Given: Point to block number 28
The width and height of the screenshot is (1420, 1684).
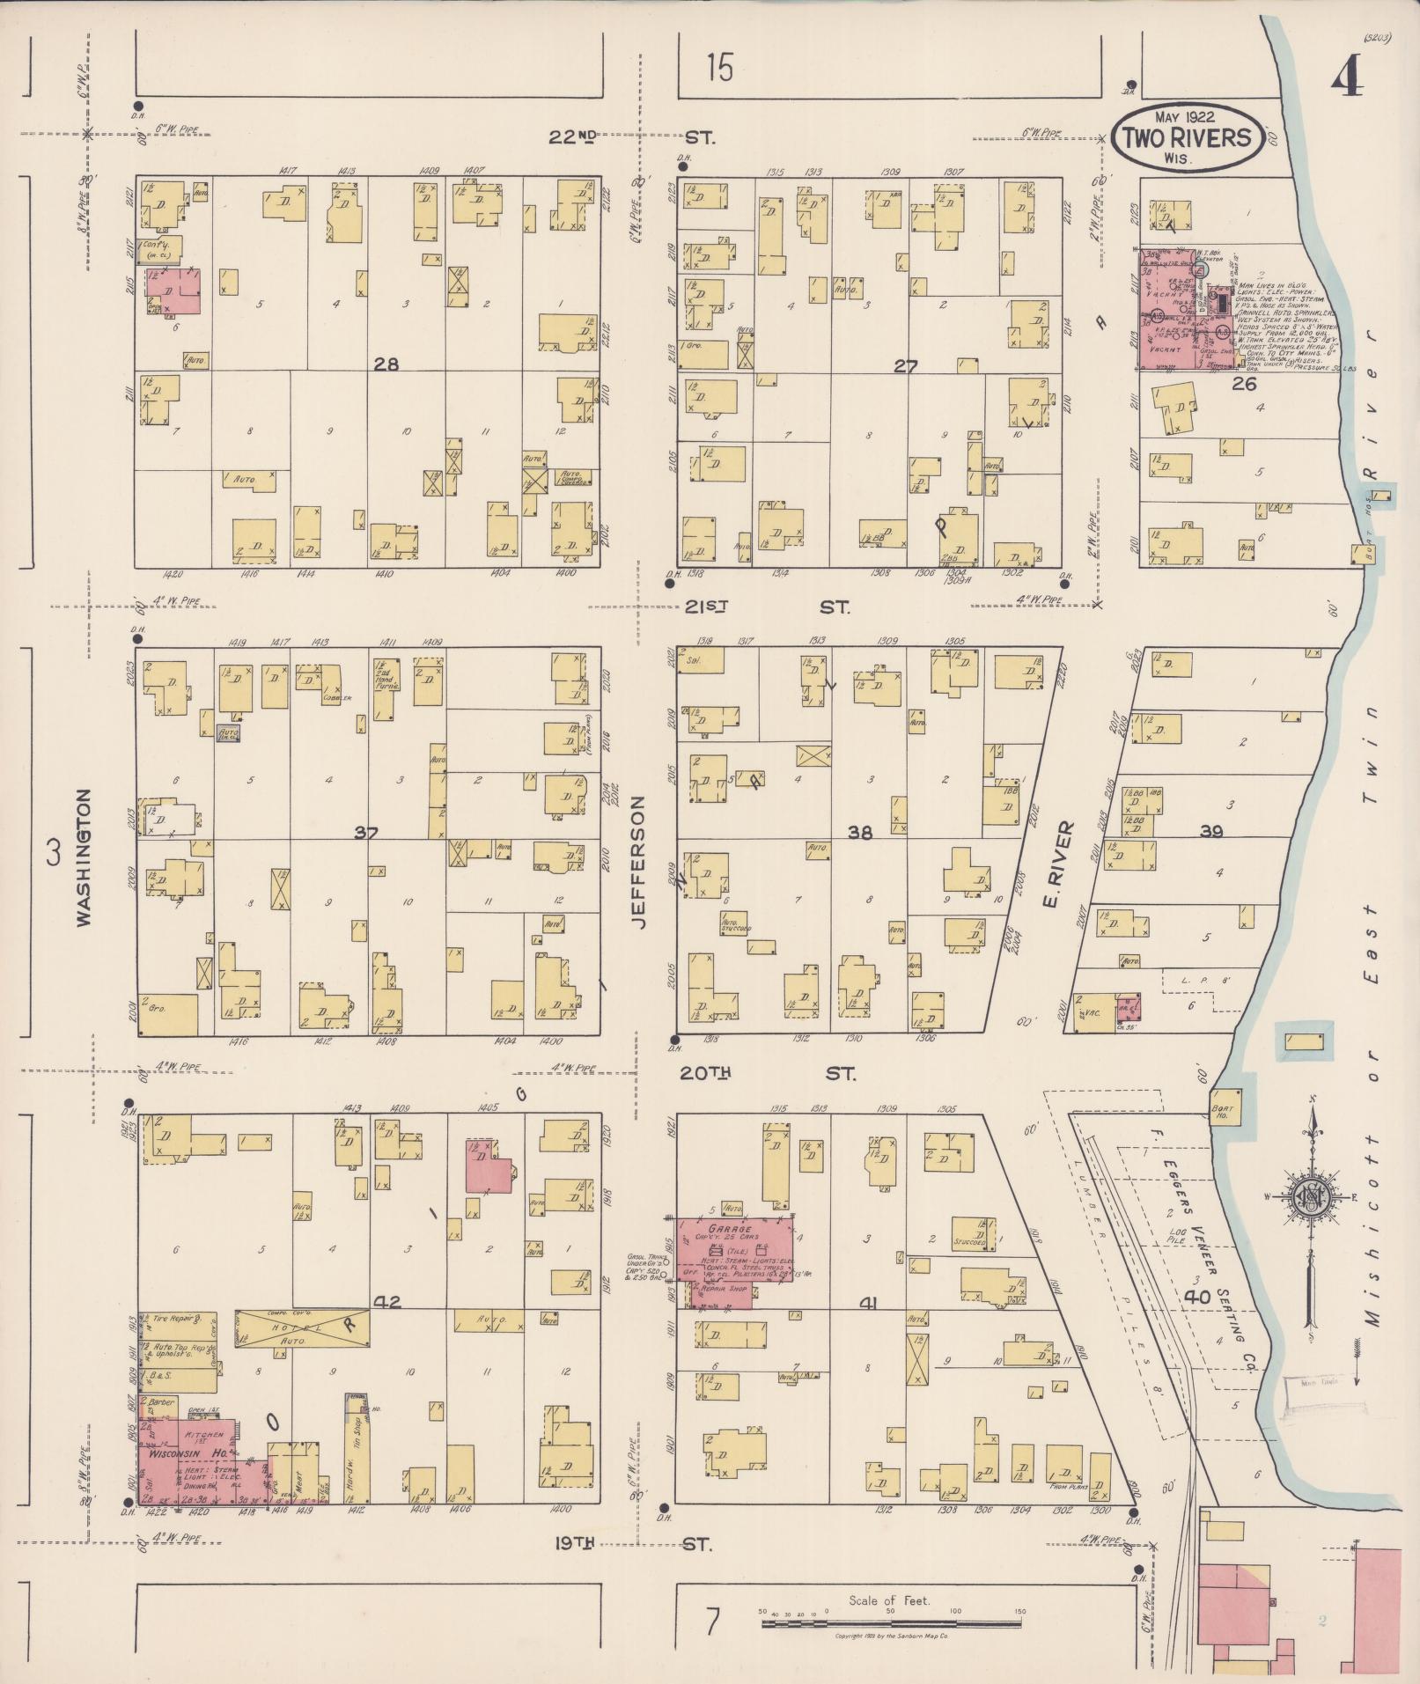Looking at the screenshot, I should tap(386, 364).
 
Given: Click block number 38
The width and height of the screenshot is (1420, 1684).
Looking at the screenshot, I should tap(859, 831).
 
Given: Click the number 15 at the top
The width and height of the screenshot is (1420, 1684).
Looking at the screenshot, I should tap(719, 67).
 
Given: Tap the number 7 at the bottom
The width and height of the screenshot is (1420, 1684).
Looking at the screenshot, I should tap(711, 1620).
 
